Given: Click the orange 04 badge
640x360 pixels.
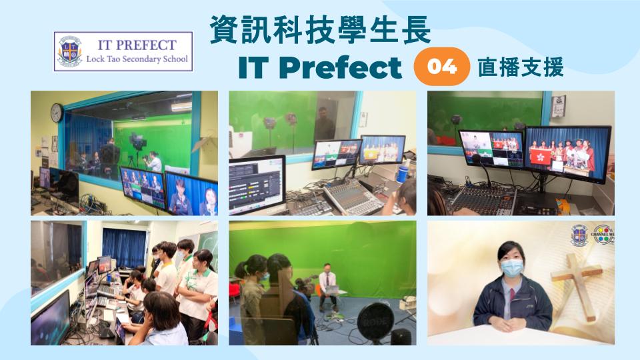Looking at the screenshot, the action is [441, 67].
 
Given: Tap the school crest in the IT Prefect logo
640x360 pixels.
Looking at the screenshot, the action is [70, 51].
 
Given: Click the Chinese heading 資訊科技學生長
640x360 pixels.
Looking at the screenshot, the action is [321, 30].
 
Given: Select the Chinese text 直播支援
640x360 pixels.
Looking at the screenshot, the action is [521, 67].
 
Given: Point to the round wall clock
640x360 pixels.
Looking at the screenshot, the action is [57, 113].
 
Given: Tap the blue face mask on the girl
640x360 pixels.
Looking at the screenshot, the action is [512, 268].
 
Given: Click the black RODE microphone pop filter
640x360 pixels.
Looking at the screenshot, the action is [375, 323].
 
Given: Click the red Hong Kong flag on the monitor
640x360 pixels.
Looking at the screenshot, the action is [540, 156].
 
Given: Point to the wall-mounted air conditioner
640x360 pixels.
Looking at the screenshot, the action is [181, 107].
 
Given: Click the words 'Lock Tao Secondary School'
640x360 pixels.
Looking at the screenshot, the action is [137, 59].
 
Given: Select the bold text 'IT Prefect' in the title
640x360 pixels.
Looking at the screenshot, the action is [320, 67].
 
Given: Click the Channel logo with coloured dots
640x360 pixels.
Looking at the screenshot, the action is [603, 234].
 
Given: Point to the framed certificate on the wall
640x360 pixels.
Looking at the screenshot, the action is [559, 106].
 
